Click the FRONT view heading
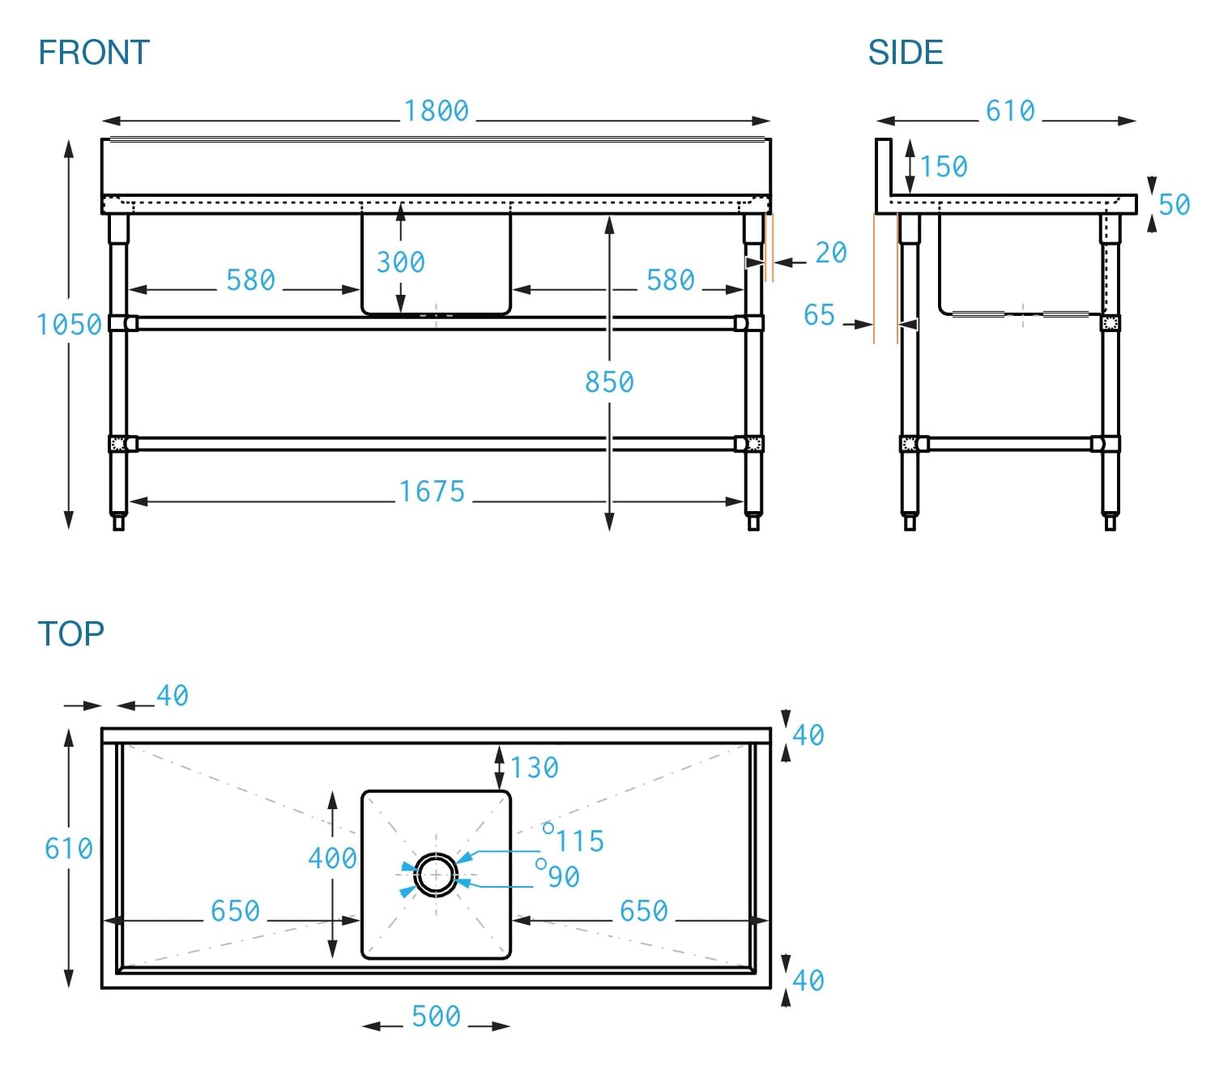point(94,53)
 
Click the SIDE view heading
point(905,53)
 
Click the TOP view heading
point(71,633)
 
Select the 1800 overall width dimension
point(437,111)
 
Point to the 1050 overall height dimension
point(70,325)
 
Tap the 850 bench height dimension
point(609,381)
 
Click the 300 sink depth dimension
point(400,262)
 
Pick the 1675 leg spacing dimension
point(432,492)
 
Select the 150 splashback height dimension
point(944,167)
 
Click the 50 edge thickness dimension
point(1174,204)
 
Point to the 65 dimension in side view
point(819,314)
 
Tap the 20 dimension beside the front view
point(831,253)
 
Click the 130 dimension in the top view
point(535,767)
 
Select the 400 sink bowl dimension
point(332,858)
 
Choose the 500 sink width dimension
point(436,1016)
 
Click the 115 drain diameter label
point(580,841)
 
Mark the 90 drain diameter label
point(564,876)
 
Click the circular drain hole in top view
point(436,875)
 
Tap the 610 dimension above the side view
point(1010,111)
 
